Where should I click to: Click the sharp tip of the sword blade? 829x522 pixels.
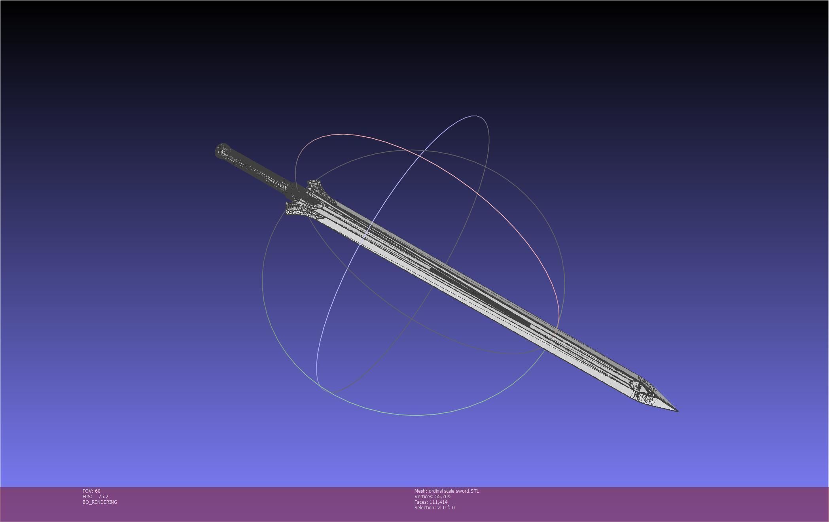point(677,410)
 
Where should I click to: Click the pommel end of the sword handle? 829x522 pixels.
point(221,151)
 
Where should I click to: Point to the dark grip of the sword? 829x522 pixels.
point(257,170)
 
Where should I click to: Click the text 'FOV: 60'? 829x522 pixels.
point(91,491)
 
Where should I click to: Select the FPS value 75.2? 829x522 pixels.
point(103,497)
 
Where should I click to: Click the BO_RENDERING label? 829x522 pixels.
point(100,502)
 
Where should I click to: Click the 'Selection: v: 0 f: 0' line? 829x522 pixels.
point(434,508)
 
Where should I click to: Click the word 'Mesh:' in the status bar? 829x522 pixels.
point(420,491)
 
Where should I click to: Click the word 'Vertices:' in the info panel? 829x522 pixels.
point(424,497)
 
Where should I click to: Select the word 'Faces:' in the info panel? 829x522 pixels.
point(421,502)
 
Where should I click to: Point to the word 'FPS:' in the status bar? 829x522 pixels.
point(87,497)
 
